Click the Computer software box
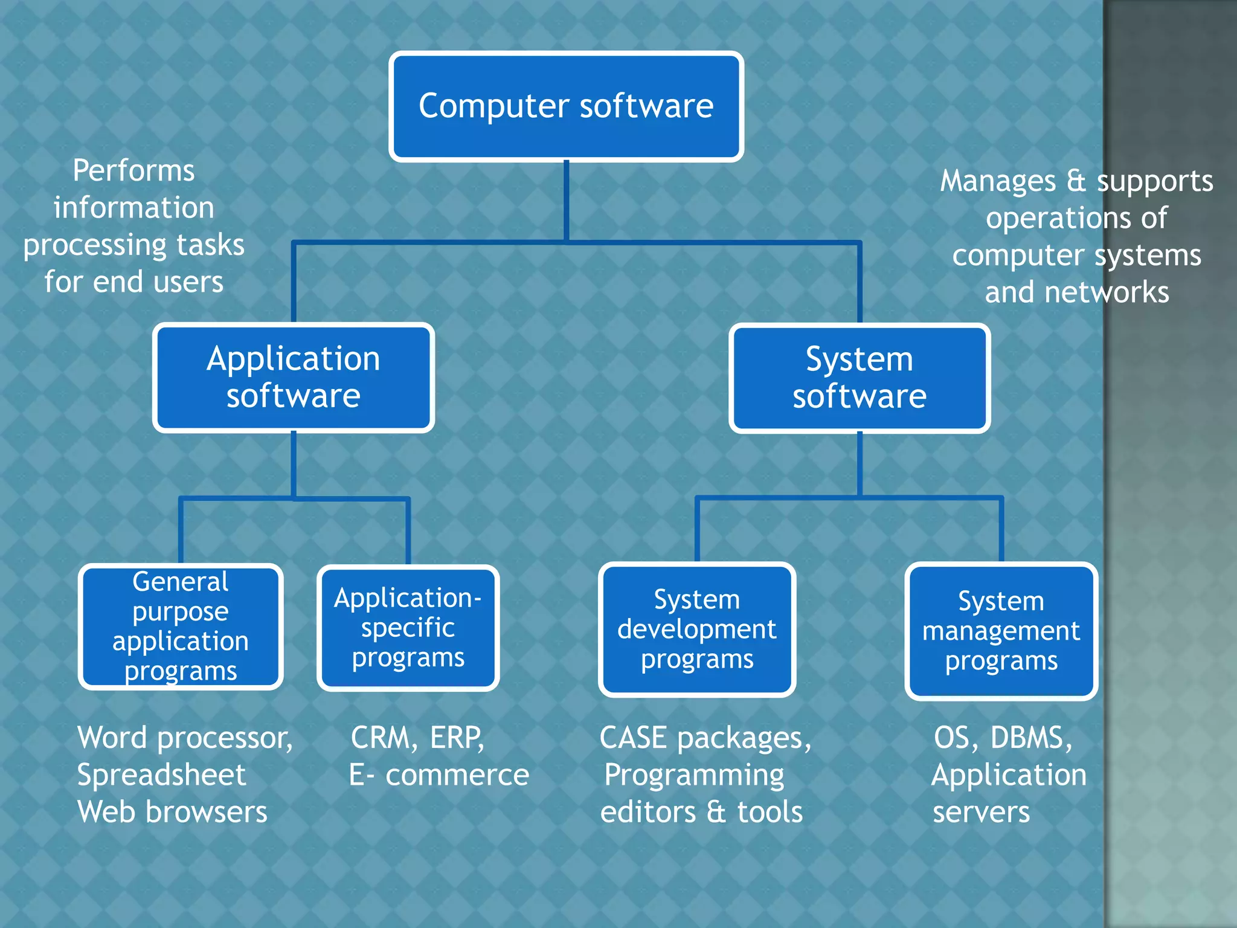(566, 106)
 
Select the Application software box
(294, 377)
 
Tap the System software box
(859, 378)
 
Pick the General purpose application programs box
(181, 627)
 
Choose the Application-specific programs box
(408, 628)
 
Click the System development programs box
(696, 629)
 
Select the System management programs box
(1001, 631)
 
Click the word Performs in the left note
(133, 171)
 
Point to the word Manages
(998, 181)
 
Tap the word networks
(1107, 292)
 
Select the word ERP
(457, 738)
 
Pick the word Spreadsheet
(161, 775)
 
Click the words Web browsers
(172, 812)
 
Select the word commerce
(457, 775)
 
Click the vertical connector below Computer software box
(566, 199)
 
